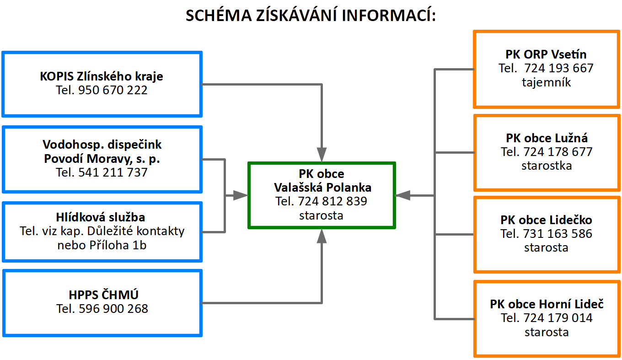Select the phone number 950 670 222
coord(113,90)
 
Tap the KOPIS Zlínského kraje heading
coord(102,76)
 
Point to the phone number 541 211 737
coord(113,172)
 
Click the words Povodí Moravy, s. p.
coord(102,159)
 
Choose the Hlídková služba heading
coord(102,217)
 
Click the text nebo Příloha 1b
coord(102,245)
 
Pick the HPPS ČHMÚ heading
coord(102,295)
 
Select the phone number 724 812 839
coord(332,201)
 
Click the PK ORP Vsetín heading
coord(546,54)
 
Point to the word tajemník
coord(546,82)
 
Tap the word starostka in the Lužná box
coord(547,166)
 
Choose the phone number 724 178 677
coord(558,151)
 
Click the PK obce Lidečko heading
coord(546,220)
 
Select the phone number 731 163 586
coord(558,234)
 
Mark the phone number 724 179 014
coord(558,317)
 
